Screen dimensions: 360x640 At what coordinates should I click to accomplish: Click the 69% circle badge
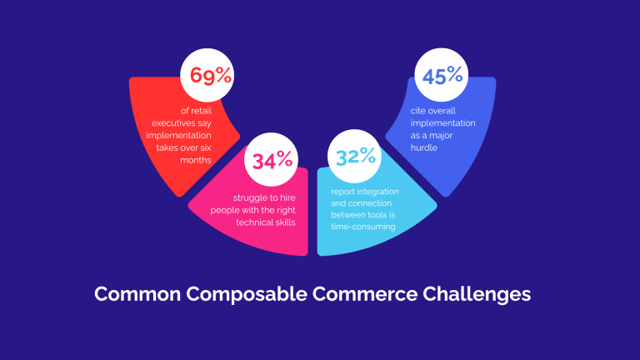[207, 77]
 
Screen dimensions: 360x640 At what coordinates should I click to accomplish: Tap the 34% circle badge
[269, 160]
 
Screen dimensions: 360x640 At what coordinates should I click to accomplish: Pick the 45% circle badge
[442, 77]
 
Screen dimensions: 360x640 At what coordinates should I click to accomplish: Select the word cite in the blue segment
[418, 111]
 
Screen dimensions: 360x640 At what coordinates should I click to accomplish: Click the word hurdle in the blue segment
[425, 147]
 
